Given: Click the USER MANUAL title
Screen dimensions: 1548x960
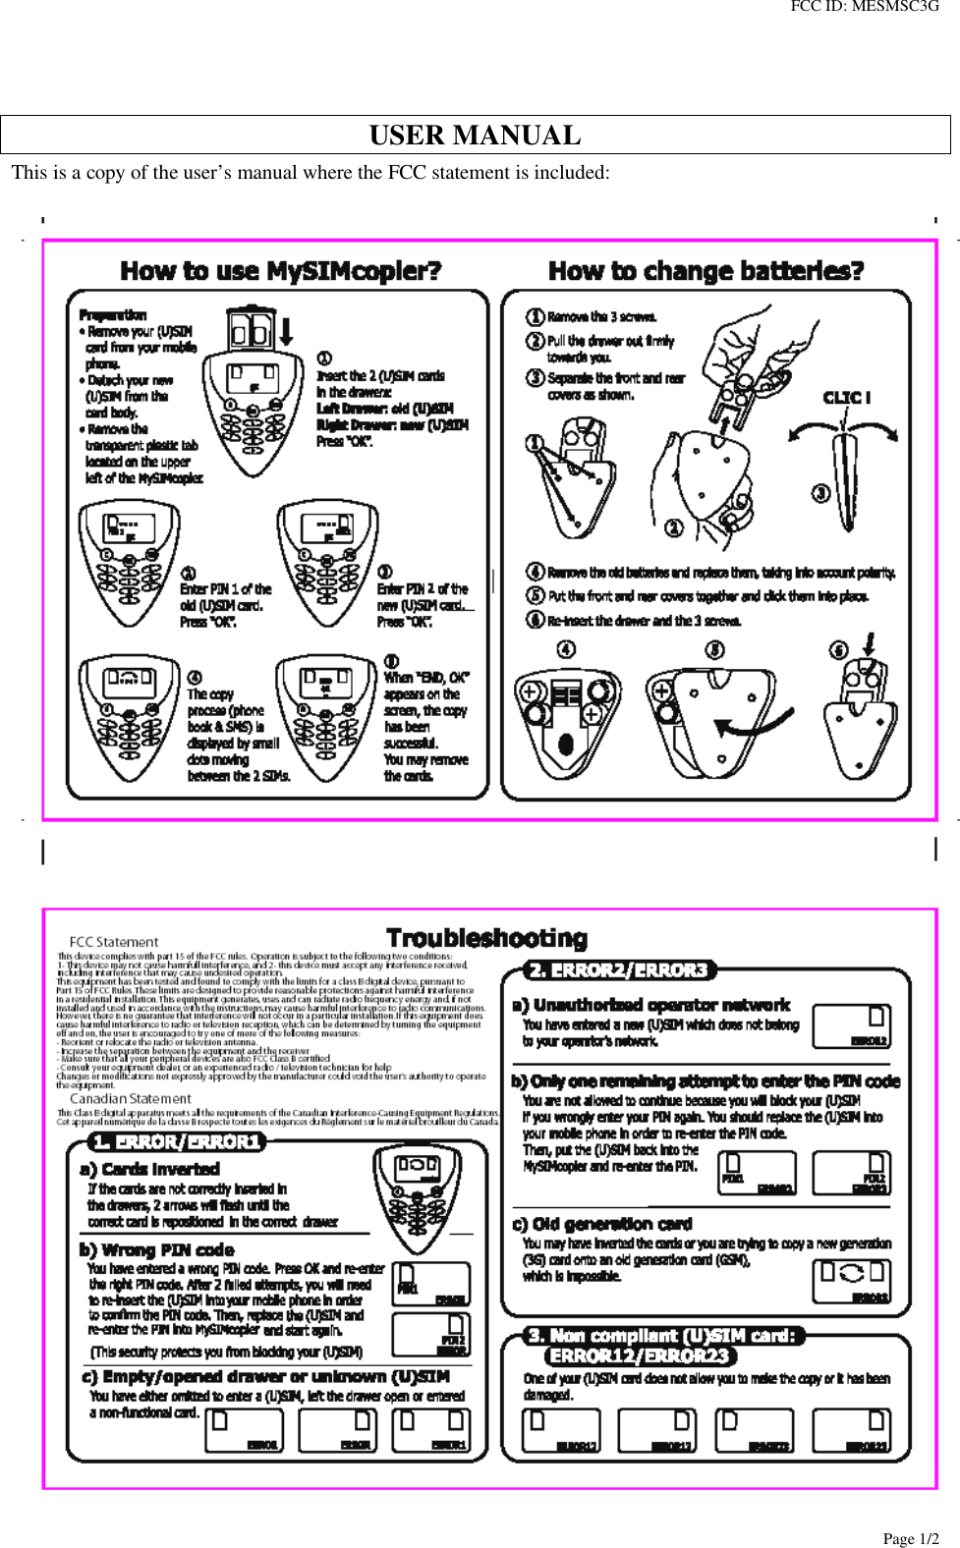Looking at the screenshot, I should tap(475, 136).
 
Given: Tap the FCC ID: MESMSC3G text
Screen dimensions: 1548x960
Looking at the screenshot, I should tap(864, 7).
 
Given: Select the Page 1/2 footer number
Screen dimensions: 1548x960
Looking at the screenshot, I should tap(910, 1539).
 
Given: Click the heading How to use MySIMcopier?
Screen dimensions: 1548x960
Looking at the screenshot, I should tap(281, 271).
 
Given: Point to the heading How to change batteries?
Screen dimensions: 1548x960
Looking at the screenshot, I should tap(706, 271).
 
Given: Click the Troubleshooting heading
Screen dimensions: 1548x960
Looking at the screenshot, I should tap(487, 938).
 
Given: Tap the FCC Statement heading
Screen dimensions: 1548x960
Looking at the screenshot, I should tap(114, 942).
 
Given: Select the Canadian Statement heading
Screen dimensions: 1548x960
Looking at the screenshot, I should tap(131, 1099).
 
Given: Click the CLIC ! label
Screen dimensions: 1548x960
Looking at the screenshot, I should tap(846, 398).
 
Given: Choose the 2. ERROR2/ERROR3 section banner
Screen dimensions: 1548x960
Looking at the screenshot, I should tap(619, 970).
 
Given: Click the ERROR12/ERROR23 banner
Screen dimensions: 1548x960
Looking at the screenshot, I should tap(641, 1355).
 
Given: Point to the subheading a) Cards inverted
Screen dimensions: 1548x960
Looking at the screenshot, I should tap(149, 1169).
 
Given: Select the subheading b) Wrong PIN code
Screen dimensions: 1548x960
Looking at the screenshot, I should tap(157, 1249).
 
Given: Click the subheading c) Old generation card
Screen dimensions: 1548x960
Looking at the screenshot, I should tap(602, 1224).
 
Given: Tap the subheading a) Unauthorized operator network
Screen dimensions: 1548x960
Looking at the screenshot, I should tap(650, 1005).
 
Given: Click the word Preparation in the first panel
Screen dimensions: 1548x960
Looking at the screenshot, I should tap(113, 315).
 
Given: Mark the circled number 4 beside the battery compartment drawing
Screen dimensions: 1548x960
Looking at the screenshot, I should tap(566, 649).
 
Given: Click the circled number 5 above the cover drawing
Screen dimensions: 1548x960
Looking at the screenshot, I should tap(714, 649).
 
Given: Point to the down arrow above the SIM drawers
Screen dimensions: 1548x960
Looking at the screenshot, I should tap(286, 330).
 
